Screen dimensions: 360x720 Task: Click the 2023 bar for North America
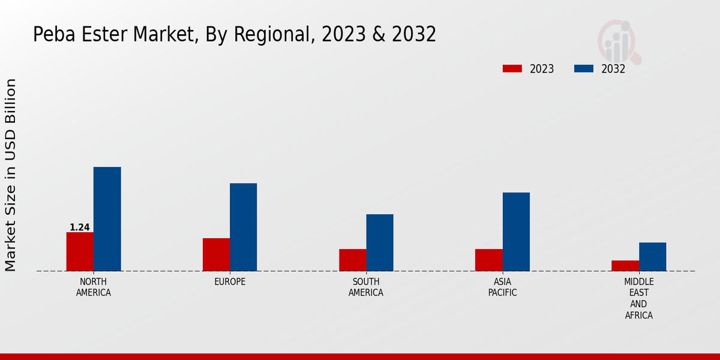pyautogui.click(x=80, y=251)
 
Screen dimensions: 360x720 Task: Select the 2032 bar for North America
pyautogui.click(x=107, y=219)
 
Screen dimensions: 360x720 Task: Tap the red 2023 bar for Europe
pyautogui.click(x=216, y=254)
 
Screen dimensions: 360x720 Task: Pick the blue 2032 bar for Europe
pyautogui.click(x=243, y=227)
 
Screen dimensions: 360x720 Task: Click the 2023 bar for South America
pyautogui.click(x=352, y=260)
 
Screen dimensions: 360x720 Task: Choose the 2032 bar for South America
pyautogui.click(x=380, y=242)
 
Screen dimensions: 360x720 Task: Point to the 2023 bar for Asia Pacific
pyautogui.click(x=488, y=260)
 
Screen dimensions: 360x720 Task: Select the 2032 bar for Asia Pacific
pyautogui.click(x=516, y=232)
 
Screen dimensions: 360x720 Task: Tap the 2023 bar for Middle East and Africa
pyautogui.click(x=625, y=266)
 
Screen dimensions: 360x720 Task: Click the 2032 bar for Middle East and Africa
pyautogui.click(x=652, y=257)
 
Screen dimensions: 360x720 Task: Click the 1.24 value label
pyautogui.click(x=80, y=227)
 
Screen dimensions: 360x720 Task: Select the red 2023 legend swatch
pyautogui.click(x=512, y=69)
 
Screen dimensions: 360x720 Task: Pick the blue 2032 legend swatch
pyautogui.click(x=584, y=69)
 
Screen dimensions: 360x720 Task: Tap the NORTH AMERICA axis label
pyautogui.click(x=94, y=287)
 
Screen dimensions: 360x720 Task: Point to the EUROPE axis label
pyautogui.click(x=230, y=282)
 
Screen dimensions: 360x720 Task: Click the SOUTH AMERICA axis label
pyautogui.click(x=366, y=287)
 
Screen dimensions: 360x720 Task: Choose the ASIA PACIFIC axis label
pyautogui.click(x=502, y=287)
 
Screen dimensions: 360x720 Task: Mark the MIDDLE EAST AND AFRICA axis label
pyautogui.click(x=638, y=298)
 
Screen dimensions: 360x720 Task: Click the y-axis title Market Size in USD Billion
pyautogui.click(x=11, y=175)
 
